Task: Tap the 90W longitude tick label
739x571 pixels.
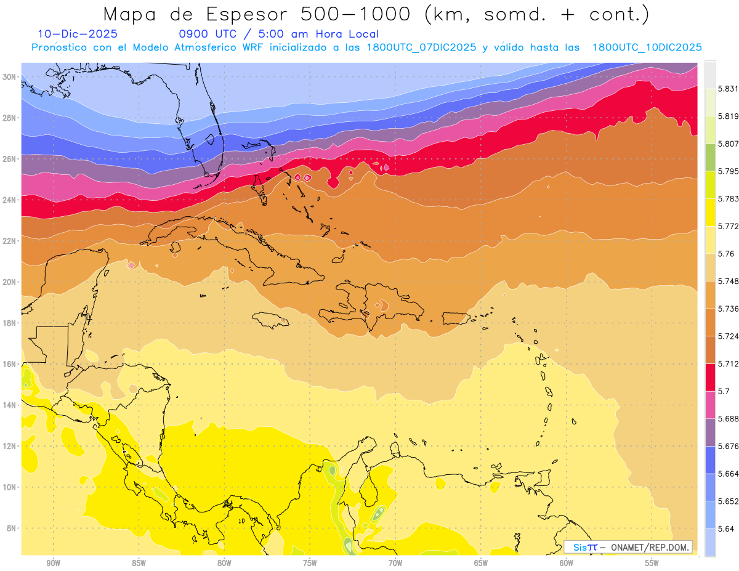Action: coord(53,563)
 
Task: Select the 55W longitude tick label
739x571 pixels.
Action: coord(652,563)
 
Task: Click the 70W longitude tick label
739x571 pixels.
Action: coord(395,563)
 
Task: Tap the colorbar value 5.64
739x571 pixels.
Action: coord(726,528)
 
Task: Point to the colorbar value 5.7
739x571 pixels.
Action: coord(724,391)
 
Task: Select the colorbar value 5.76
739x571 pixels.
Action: coord(726,254)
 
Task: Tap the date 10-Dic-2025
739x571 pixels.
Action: coord(78,34)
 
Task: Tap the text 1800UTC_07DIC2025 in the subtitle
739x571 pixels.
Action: coord(421,47)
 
